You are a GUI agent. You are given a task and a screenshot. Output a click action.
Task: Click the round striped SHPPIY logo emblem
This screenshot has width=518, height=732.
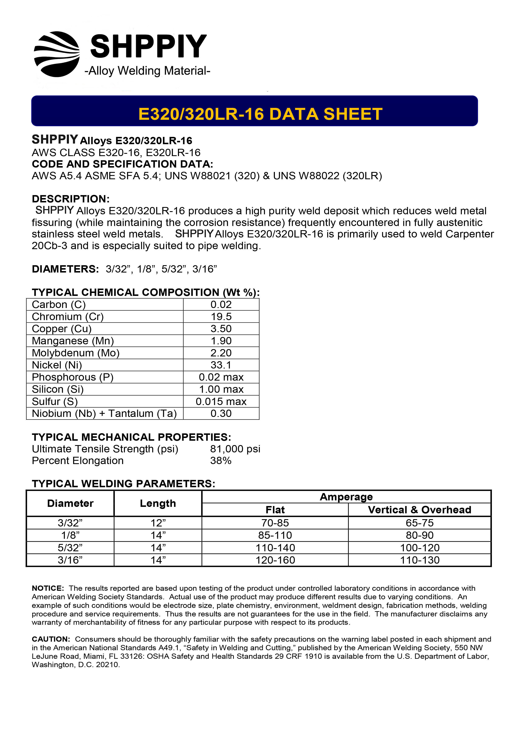57,54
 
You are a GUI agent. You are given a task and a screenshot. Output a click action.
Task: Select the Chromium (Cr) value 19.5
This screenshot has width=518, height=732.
221,317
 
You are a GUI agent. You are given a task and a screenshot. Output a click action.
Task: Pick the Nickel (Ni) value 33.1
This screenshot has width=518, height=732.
221,365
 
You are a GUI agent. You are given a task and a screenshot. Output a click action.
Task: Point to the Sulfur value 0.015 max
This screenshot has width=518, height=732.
221,401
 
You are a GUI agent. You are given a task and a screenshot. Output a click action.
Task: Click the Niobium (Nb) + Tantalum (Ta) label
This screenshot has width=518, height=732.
104,414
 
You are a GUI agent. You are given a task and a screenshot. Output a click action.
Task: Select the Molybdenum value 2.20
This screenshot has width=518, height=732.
221,353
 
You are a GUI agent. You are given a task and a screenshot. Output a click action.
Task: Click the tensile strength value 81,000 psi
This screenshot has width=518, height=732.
235,449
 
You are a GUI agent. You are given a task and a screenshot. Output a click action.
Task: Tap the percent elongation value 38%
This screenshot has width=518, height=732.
221,461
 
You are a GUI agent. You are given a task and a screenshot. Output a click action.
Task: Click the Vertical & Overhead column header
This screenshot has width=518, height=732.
419,510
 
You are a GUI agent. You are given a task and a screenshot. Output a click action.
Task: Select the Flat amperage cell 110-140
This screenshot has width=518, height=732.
275,548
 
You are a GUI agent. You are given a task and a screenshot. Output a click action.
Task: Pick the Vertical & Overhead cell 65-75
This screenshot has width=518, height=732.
419,523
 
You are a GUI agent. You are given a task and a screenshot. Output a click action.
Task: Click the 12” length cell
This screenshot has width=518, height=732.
158,523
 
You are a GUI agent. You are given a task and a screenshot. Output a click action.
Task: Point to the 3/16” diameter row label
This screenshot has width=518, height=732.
70,560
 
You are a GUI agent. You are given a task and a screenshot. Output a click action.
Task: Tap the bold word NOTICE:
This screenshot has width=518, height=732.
48,588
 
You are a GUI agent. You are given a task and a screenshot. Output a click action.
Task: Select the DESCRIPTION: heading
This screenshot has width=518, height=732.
71,199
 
